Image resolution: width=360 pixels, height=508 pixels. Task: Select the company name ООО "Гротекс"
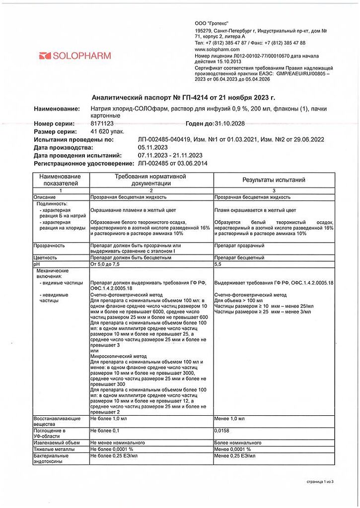click(x=215, y=24)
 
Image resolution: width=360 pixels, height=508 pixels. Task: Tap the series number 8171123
click(x=103, y=124)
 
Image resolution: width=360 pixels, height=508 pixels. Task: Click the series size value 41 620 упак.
click(x=107, y=131)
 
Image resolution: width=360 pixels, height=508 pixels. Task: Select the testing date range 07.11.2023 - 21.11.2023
click(x=170, y=155)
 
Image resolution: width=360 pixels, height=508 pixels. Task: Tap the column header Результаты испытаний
click(x=274, y=180)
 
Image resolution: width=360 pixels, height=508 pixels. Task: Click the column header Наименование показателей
click(x=61, y=180)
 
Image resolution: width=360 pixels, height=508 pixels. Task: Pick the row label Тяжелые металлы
click(x=54, y=449)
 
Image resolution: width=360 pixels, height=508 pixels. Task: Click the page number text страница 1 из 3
click(x=320, y=481)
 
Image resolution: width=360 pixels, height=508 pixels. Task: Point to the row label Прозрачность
click(x=49, y=246)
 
